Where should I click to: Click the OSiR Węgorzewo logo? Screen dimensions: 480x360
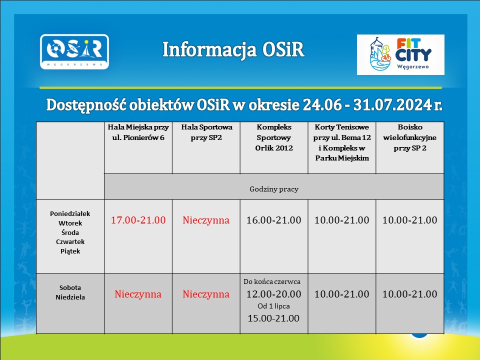(74, 51)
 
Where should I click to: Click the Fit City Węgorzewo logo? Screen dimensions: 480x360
(400, 54)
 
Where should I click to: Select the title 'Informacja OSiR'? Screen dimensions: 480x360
(233, 49)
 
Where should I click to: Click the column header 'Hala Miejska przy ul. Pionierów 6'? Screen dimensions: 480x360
(138, 132)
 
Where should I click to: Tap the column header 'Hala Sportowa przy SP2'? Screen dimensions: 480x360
(206, 132)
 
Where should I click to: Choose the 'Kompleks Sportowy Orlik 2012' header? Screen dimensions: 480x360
(274, 137)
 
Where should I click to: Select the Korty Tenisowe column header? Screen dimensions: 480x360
(342, 142)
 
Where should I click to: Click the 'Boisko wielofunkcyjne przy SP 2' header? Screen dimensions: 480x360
(409, 137)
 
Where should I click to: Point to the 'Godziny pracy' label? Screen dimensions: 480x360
(274, 189)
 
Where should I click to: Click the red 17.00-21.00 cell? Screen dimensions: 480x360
(138, 220)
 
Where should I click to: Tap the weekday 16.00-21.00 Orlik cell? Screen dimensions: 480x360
(274, 220)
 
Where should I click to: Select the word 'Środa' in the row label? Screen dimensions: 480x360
(70, 232)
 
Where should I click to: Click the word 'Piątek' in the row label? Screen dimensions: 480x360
(70, 251)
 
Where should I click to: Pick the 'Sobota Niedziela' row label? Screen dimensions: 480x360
(70, 292)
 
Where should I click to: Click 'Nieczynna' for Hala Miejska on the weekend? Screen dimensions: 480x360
(138, 294)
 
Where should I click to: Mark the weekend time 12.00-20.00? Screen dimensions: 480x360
(274, 294)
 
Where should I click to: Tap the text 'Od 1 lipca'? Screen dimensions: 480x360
(273, 306)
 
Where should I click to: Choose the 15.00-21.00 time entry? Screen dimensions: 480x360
(273, 318)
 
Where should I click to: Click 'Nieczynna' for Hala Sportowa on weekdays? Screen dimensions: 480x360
(206, 220)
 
